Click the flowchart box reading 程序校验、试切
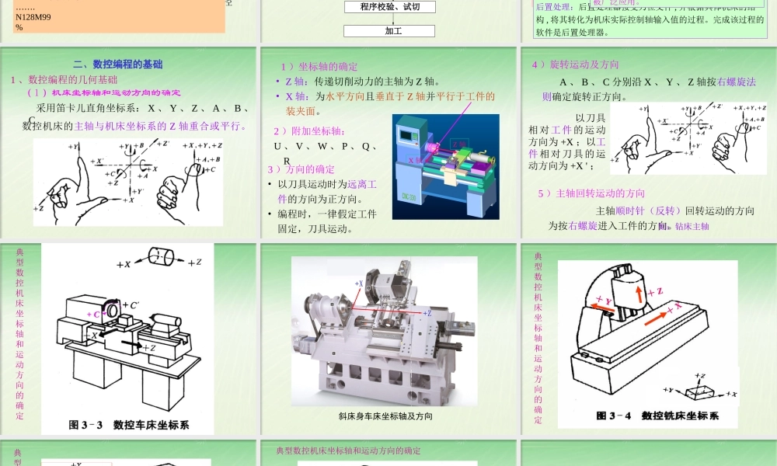[389, 7]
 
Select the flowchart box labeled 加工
[389, 30]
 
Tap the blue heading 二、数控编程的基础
[118, 64]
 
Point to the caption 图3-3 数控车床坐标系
[129, 425]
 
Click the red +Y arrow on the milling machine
[603, 303]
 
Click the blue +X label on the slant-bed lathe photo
[359, 284]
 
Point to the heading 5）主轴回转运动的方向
[591, 193]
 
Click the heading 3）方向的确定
[301, 169]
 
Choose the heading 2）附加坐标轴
[309, 131]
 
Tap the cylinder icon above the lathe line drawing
[160, 257]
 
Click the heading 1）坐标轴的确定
[319, 67]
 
